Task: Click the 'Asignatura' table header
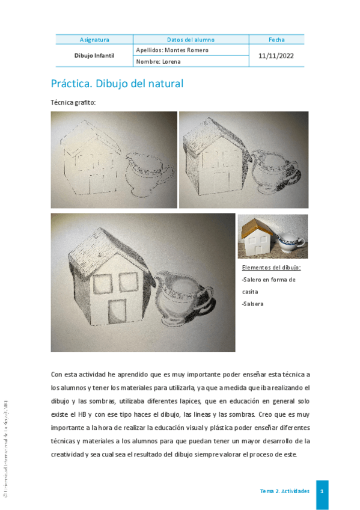94,40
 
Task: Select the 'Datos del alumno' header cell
191,40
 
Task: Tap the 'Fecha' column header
276,40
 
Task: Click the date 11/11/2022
276,55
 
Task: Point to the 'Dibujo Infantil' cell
94,55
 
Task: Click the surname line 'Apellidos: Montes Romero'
172,50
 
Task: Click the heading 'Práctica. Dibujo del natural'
117,84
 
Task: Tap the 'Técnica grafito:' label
73,103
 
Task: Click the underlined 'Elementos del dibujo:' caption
271,268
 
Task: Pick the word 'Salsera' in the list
253,304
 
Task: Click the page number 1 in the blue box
322,491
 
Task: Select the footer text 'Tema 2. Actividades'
284,491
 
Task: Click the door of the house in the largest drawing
119,310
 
